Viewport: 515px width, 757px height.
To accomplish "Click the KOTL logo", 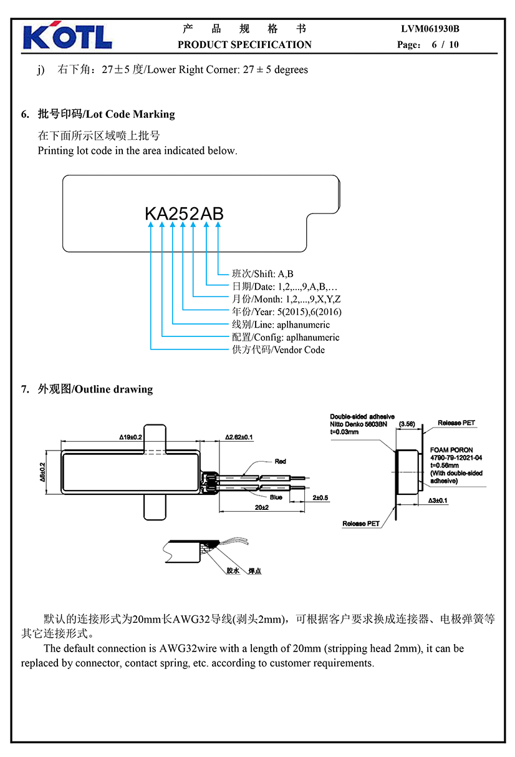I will click(67, 37).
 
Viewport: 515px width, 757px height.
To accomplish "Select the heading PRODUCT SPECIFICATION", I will click(244, 44).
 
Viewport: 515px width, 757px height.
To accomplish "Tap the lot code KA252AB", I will click(184, 213).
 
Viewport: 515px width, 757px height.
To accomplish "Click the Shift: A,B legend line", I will click(262, 274).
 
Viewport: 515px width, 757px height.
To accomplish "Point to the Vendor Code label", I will click(278, 349).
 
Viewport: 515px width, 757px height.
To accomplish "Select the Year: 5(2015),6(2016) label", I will click(286, 311).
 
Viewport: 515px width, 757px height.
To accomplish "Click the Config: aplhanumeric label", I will click(286, 337).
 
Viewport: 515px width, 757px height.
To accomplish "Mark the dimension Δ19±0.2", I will click(131, 437).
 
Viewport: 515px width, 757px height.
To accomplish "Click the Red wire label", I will click(281, 461).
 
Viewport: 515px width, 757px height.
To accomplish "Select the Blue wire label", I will click(276, 497).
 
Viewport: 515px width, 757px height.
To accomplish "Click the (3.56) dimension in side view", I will click(407, 423).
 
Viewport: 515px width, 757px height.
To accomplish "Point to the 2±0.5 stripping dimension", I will click(320, 497).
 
